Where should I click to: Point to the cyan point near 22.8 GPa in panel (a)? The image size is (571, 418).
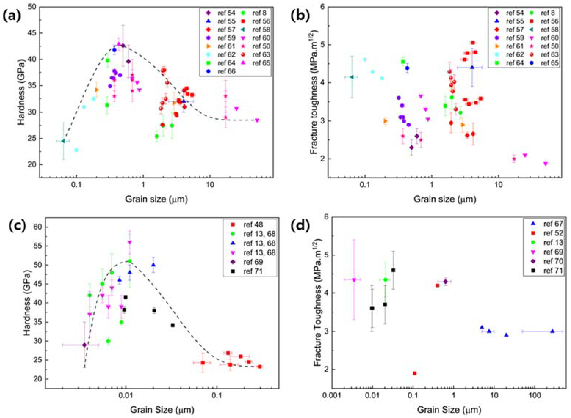[x=76, y=150]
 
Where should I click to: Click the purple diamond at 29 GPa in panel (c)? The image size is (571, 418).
[x=84, y=345]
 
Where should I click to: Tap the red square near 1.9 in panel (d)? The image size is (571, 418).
[x=415, y=373]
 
